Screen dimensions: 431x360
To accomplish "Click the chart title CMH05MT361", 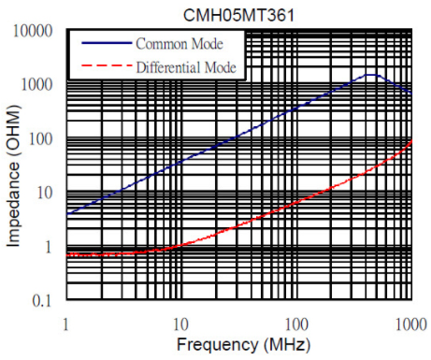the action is (238, 15).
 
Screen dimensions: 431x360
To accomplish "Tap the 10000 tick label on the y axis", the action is (33, 31).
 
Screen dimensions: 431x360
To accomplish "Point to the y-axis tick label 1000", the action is (36, 85).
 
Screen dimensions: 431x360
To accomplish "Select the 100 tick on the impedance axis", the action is (40, 139).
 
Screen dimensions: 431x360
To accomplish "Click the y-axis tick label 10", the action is (44, 193).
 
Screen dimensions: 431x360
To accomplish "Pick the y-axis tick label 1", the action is (48, 247).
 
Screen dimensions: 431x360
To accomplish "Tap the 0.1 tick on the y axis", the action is (42, 301).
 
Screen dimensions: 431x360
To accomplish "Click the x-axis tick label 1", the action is (65, 324).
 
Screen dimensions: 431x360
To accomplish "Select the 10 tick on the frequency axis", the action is (180, 324).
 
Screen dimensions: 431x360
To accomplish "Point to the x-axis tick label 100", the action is (296, 324).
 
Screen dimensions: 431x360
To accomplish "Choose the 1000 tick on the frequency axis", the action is (411, 324).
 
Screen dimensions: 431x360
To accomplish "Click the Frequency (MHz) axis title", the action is (244, 345).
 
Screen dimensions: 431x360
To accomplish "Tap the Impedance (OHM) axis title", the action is (13, 176).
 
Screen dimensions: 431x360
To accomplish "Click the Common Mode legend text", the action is (180, 44).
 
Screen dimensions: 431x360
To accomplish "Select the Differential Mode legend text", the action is (186, 67).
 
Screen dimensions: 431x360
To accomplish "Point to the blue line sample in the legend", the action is (107, 43).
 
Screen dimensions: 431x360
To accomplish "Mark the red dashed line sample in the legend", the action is (107, 65).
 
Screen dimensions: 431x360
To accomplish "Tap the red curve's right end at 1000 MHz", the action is (412, 140).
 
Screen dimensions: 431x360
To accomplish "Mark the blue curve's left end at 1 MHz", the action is (67, 214).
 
